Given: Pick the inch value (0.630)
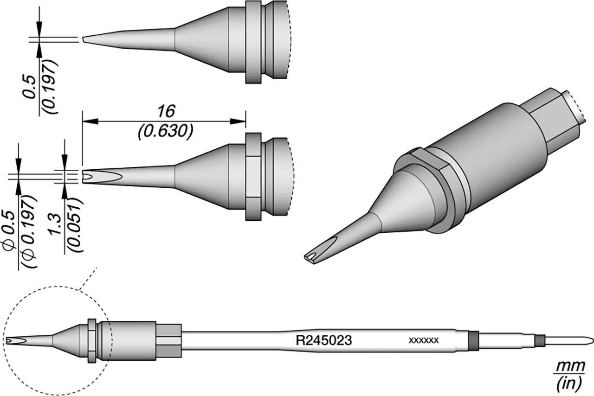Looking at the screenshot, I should pyautogui.click(x=165, y=132).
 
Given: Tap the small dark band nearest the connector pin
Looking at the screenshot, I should pyautogui.click(x=538, y=341).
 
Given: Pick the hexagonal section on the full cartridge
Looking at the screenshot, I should pyautogui.click(x=168, y=341).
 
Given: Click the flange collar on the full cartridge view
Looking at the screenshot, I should pyautogui.click(x=92, y=341).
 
